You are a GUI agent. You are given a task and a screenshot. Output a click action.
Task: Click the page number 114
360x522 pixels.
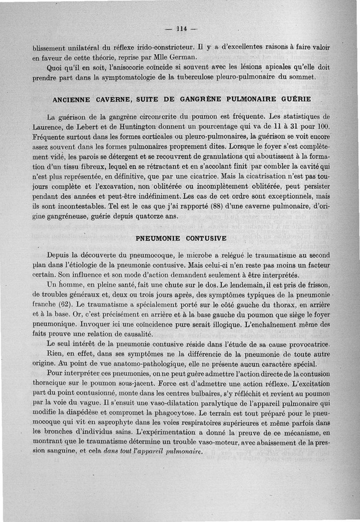(x=182, y=30)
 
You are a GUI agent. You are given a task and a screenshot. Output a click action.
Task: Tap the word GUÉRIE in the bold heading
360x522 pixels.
(x=295, y=99)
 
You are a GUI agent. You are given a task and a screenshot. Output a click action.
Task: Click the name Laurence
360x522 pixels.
(x=49, y=127)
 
